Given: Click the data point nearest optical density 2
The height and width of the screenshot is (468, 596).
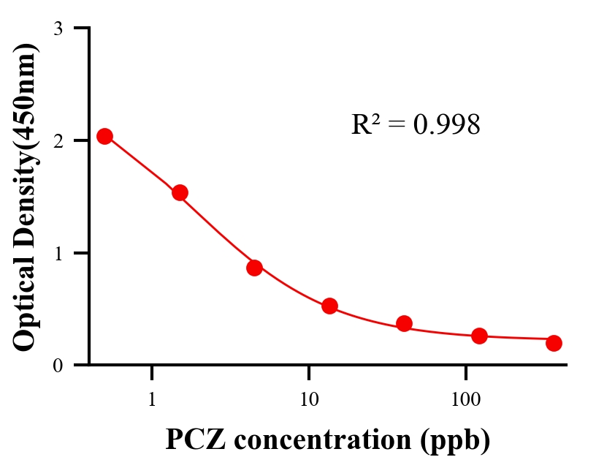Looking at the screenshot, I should [104, 136].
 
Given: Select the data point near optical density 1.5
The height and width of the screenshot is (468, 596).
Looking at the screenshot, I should [180, 192].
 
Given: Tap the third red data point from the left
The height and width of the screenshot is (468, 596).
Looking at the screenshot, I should [254, 268].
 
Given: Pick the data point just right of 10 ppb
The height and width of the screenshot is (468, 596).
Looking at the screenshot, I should [329, 306].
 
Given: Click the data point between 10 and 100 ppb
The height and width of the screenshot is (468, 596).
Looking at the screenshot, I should [404, 323].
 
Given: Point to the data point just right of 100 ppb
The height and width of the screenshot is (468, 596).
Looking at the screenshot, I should [479, 336].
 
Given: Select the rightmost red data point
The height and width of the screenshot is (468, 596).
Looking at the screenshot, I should [554, 343].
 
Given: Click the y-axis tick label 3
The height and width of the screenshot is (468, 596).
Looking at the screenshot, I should [58, 29].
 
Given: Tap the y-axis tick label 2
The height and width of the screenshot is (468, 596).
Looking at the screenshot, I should [58, 140].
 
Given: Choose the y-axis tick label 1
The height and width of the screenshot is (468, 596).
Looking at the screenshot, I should [58, 253].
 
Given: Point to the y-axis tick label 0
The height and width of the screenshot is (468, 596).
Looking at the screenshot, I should [58, 365].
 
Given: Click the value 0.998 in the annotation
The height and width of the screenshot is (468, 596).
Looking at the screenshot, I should [447, 125].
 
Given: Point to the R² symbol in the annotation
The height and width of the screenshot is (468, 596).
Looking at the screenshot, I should [364, 124].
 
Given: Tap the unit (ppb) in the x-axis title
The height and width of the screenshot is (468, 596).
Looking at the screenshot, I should [453, 440].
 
